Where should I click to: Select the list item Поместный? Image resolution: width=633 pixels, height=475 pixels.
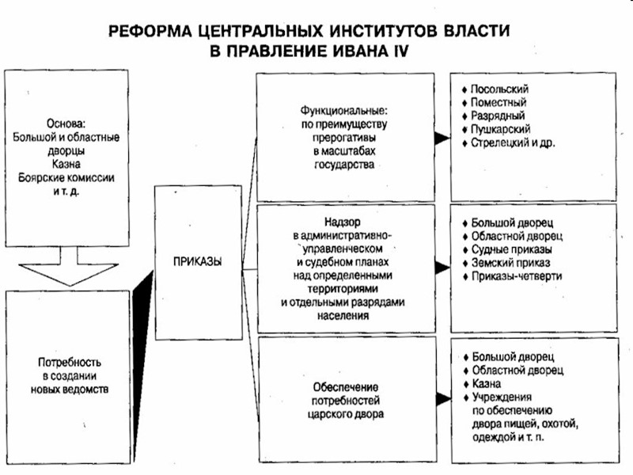coord(498,102)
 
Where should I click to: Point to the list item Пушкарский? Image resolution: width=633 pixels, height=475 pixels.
coord(500,128)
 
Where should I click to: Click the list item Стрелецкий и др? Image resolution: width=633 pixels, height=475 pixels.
coord(514,142)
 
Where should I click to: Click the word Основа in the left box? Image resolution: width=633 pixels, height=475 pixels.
coord(66,123)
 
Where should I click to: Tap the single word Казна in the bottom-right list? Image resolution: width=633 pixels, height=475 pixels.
coord(486,383)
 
